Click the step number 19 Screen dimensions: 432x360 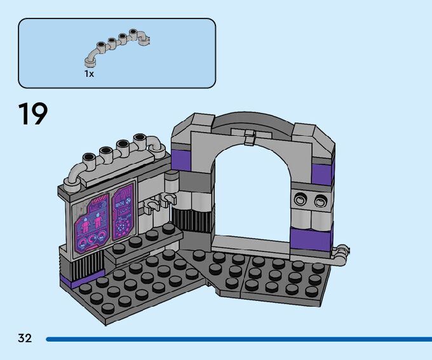[x=32, y=114]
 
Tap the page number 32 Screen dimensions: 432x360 [x=25, y=338]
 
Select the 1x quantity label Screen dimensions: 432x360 [x=89, y=74]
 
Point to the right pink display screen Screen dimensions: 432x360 [x=123, y=213]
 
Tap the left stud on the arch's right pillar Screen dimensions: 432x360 [x=300, y=200]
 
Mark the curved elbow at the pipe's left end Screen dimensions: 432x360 [x=74, y=178]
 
